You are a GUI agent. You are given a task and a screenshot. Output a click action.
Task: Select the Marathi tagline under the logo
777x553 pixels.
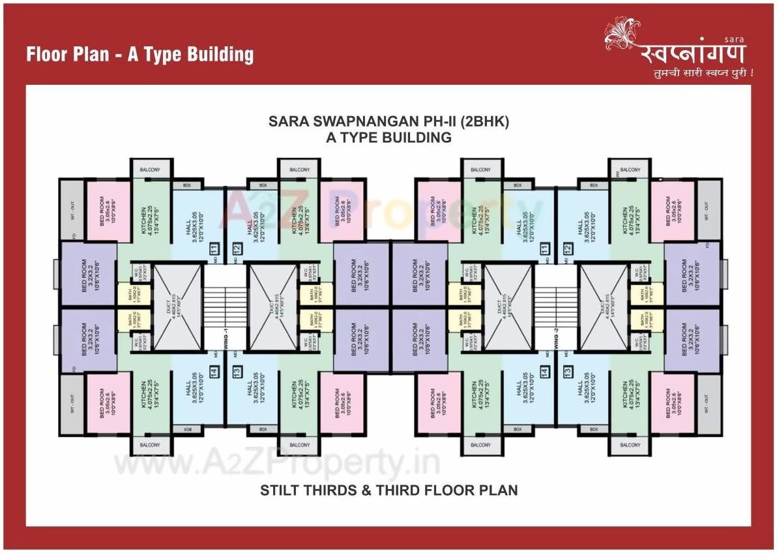point(703,74)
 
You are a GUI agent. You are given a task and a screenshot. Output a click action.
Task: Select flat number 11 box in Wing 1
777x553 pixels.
point(213,248)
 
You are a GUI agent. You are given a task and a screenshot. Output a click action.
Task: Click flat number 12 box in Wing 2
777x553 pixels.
point(568,248)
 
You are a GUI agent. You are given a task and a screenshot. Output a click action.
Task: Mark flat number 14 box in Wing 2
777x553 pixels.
point(544,371)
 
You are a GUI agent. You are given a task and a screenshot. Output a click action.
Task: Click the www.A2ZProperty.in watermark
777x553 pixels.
point(277,464)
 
